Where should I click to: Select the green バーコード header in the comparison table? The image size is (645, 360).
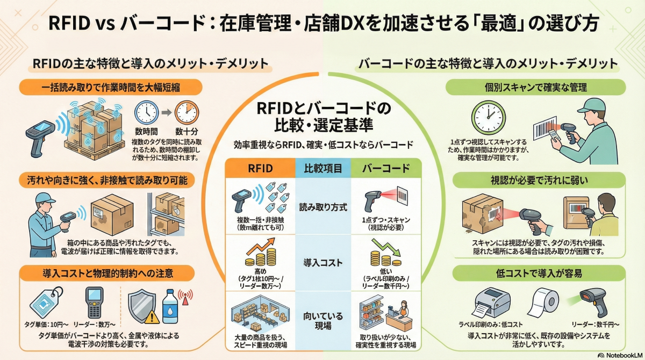(385, 168)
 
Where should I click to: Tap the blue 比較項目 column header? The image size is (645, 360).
(322, 168)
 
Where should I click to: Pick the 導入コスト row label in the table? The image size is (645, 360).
(322, 263)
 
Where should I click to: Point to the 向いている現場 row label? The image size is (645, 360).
(322, 321)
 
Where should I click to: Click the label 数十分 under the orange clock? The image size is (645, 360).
(187, 131)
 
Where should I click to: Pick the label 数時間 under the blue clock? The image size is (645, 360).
(147, 131)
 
